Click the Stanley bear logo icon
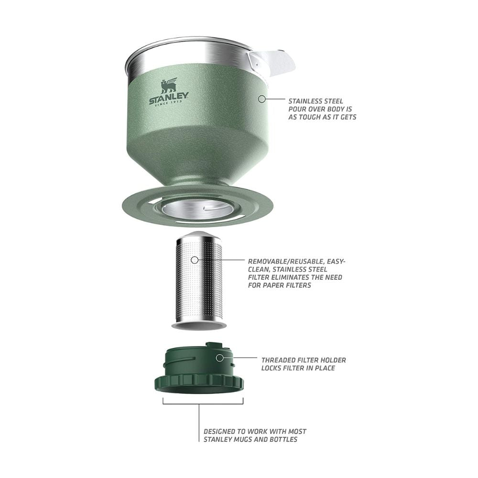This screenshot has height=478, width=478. pyautogui.click(x=169, y=86)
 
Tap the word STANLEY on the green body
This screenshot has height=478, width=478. pyautogui.click(x=169, y=98)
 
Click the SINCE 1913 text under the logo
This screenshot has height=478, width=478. pyautogui.click(x=169, y=103)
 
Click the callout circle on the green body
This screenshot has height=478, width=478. pyautogui.click(x=261, y=99)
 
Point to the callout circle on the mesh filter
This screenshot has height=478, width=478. pyautogui.click(x=195, y=260)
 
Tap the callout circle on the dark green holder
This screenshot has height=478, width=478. pyautogui.click(x=219, y=358)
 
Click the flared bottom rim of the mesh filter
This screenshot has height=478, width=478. pyautogui.click(x=199, y=326)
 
